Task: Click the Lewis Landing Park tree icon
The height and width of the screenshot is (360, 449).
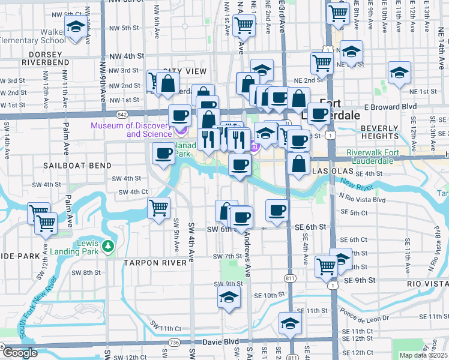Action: (107, 245)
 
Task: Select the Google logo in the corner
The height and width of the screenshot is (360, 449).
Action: (20, 353)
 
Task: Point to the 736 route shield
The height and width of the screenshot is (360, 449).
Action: (174, 342)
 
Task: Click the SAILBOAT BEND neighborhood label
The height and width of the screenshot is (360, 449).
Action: (77, 165)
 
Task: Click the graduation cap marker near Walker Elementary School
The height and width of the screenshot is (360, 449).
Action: (76, 27)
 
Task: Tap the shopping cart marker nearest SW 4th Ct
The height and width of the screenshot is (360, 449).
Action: (158, 208)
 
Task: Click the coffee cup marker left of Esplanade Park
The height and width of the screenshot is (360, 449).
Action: (163, 154)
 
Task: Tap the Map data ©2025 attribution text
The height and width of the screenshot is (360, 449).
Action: (423, 355)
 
